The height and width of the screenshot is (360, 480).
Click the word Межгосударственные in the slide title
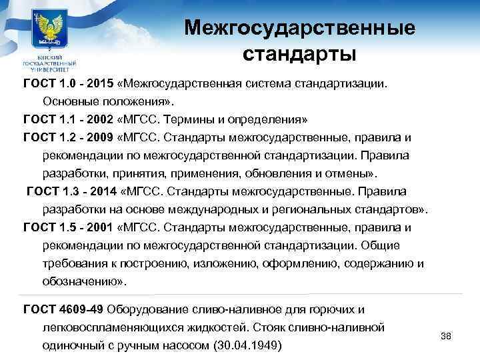pyautogui.click(x=300, y=28)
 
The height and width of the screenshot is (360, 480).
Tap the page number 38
pyautogui.click(x=447, y=335)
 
